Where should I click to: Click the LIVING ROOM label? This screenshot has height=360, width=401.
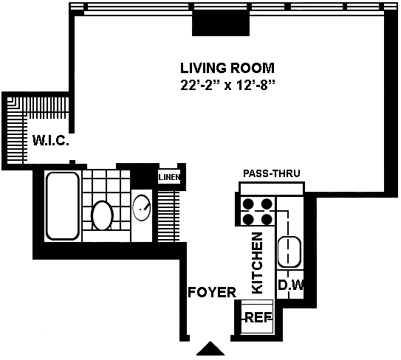coord(227,68)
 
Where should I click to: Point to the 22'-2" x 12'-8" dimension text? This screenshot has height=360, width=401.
coord(227,86)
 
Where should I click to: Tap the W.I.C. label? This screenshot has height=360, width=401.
coord(51,140)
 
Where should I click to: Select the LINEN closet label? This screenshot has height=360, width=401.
coord(169,177)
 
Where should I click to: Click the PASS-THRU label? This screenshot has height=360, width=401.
coord(271,173)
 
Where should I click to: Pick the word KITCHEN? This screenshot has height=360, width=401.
coord(257,263)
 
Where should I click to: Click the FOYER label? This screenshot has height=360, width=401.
coord(212,292)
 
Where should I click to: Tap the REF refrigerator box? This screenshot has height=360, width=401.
coord(257,316)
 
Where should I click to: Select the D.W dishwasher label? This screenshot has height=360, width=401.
coord(291,285)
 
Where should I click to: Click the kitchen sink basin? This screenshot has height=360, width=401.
coord(289,252)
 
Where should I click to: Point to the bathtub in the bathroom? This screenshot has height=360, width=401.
coord(62,207)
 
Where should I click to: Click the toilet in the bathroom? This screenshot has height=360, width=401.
coord(103,215)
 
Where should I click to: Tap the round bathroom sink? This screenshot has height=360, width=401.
coord(142,208)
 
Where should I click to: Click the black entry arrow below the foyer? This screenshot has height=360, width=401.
coord(210,348)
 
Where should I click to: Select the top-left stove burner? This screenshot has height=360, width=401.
coord(248,204)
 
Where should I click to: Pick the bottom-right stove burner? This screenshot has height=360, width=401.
coord(267,219)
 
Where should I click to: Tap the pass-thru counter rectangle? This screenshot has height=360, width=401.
coord(272,189)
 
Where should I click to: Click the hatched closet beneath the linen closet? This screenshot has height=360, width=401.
coord(168,216)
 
